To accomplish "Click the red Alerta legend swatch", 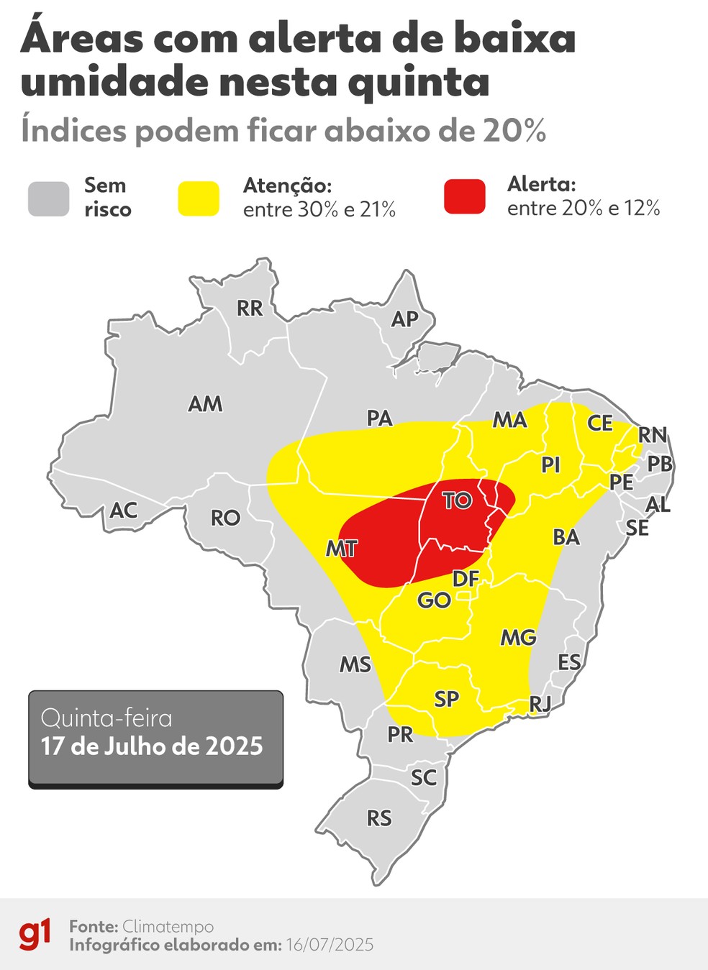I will (x=464, y=196).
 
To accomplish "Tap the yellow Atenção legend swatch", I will (x=199, y=198).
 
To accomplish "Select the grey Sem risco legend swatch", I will (x=49, y=198).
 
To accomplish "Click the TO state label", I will (x=456, y=500).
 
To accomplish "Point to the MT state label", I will (x=341, y=549).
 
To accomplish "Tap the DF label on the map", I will (x=466, y=578).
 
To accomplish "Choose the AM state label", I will (x=205, y=404).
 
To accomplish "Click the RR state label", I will (x=250, y=308).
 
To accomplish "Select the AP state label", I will (x=404, y=319).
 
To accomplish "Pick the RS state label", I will (x=379, y=818).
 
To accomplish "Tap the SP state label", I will (x=446, y=699).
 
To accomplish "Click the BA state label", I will (x=566, y=537).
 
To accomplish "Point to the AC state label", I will (x=123, y=511).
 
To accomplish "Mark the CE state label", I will (x=599, y=423).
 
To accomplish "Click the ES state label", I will (x=569, y=662).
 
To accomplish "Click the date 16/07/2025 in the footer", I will (x=330, y=945).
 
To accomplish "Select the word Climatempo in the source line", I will (x=168, y=926).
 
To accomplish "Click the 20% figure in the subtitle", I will (x=514, y=131).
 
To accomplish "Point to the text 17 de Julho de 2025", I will (x=152, y=746).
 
